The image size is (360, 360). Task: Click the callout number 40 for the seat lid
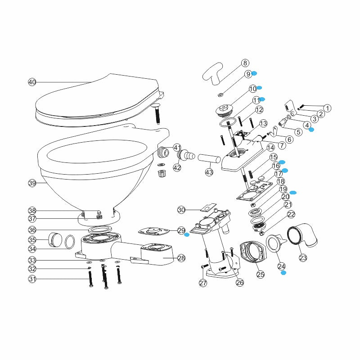[x=31, y=82]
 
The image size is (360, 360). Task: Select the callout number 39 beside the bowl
[x=31, y=183]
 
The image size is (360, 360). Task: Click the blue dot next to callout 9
[x=254, y=73]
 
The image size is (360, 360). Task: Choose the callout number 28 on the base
[x=181, y=258]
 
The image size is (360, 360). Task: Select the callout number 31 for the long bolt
[x=31, y=279]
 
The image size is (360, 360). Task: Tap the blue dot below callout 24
[x=283, y=273]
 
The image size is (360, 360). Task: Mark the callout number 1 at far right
[x=327, y=108]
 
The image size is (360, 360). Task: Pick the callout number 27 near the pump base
[x=203, y=283]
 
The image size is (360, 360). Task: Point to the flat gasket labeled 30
[x=205, y=209]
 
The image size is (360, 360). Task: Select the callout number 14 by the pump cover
[x=270, y=147]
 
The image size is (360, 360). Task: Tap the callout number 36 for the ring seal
[x=31, y=229]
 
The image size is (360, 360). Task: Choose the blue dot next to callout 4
[x=311, y=129]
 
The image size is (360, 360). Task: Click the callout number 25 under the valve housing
[x=260, y=273]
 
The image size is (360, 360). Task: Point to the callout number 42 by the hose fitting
[x=177, y=167]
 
